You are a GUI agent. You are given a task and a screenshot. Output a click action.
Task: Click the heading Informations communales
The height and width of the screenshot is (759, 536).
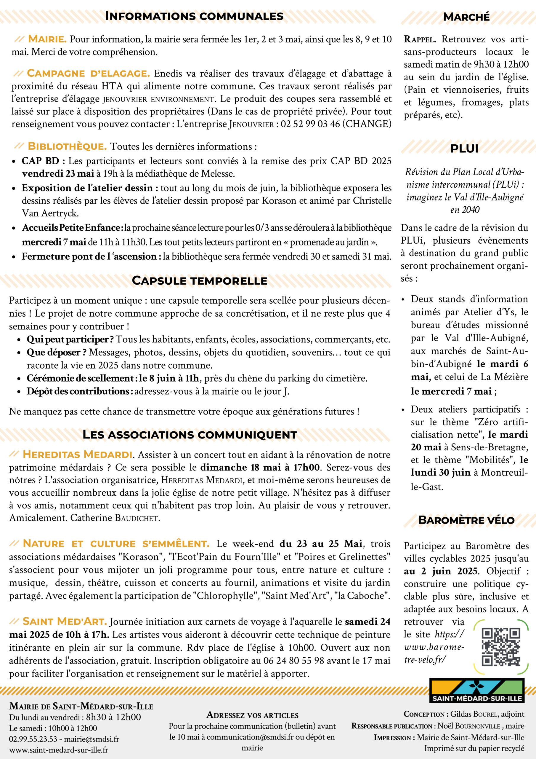194,16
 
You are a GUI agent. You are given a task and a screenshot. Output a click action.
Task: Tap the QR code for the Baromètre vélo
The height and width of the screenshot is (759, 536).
501,647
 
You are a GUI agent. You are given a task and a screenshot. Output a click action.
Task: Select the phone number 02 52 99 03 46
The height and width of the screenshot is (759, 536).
310,124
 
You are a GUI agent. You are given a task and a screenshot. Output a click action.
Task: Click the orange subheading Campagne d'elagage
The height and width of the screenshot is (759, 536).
88,74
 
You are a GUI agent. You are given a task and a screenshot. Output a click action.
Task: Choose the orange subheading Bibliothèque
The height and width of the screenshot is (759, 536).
67,146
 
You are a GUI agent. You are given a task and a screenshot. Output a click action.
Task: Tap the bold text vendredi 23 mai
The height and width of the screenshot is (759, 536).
58,173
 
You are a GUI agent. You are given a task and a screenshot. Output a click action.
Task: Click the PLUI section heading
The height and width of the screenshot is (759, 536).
464,149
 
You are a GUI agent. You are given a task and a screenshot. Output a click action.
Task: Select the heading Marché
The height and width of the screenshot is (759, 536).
466,17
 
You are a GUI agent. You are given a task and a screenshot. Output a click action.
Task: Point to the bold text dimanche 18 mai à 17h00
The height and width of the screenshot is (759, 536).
260,468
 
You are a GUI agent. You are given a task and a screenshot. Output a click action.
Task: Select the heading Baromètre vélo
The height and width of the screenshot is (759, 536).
466,520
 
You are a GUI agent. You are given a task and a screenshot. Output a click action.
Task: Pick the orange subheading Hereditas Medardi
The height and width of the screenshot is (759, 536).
78,455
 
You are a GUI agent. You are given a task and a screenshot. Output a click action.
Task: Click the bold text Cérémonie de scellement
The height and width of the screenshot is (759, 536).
80,378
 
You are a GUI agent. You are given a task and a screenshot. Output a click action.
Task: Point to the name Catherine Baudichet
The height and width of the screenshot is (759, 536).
115,518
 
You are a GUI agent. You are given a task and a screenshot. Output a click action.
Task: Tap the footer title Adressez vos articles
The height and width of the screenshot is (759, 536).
252,715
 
